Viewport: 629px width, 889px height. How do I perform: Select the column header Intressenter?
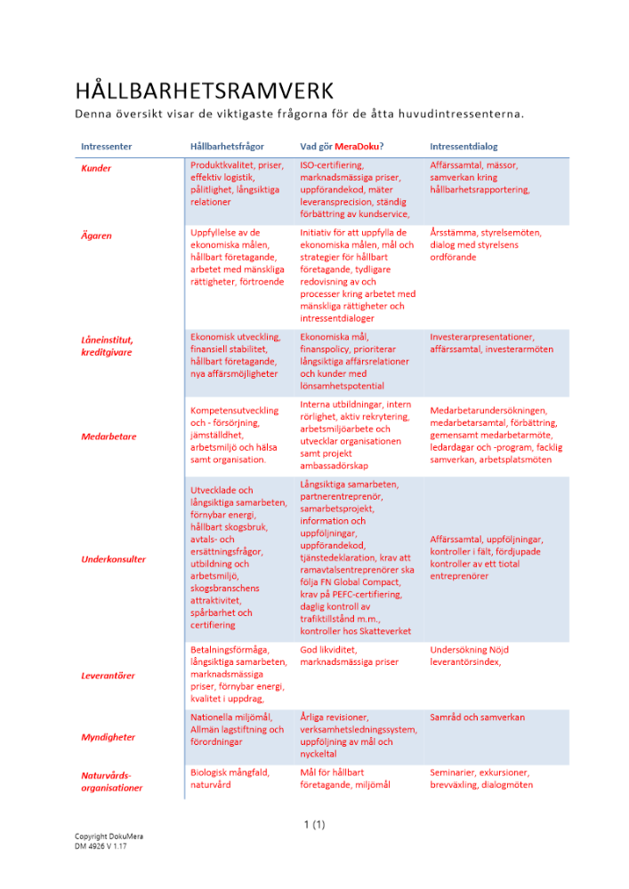(107, 146)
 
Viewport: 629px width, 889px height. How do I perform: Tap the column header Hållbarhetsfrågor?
(227, 146)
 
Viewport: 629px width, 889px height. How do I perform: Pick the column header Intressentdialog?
(464, 146)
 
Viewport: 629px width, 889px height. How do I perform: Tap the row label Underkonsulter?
(113, 559)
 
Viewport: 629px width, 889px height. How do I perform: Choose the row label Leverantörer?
(108, 676)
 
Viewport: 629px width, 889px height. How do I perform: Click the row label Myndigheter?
(108, 737)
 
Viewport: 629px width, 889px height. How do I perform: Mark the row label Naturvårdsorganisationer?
(111, 781)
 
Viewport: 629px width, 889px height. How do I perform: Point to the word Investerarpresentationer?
(482, 337)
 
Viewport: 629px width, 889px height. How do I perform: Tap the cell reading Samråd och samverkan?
(477, 717)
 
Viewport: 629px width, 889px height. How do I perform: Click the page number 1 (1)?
(314, 825)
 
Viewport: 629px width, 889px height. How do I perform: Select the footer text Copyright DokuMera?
(108, 837)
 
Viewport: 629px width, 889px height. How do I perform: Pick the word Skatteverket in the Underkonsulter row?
(383, 631)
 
